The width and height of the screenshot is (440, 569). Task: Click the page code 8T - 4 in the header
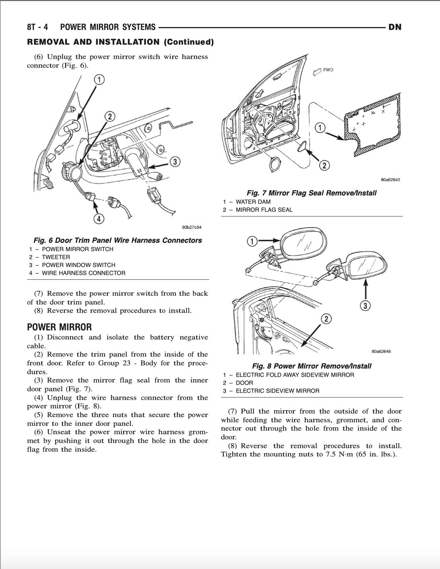coord(37,27)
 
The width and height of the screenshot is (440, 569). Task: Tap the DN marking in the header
coord(395,27)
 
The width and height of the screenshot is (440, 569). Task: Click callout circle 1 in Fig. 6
coord(99,80)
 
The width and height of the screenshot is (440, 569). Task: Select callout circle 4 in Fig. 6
coord(99,218)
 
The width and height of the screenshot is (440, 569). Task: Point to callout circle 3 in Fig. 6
coord(175,162)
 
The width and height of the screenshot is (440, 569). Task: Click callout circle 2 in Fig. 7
coord(325,165)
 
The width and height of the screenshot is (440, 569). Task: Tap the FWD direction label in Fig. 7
coord(328,70)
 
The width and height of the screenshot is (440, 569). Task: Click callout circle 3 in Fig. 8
coord(365,306)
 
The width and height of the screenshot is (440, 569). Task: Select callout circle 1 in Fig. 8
coord(251,241)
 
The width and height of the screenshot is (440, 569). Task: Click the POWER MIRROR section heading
coord(59,327)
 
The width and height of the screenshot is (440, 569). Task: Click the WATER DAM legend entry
coord(253,202)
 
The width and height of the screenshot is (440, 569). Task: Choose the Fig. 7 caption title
coord(312,193)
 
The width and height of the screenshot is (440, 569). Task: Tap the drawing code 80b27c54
coord(191,227)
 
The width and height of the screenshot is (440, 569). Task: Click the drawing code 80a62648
coord(381,351)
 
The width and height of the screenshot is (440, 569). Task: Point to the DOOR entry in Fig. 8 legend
coord(244,383)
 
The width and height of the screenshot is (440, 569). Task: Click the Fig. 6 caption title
coord(118,240)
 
